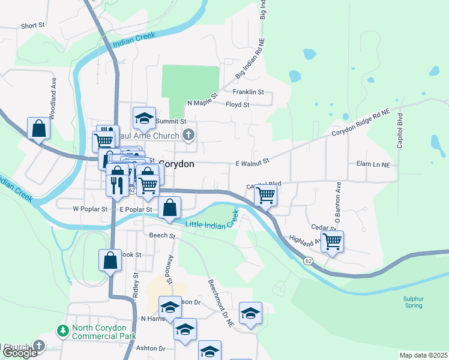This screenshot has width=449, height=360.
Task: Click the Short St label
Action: click(x=33, y=26)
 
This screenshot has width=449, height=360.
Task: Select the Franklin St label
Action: click(x=249, y=92)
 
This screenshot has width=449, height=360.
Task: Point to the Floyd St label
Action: click(x=237, y=104)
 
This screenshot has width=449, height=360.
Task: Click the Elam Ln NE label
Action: click(x=373, y=164)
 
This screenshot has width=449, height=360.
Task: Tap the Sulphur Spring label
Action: click(x=413, y=301)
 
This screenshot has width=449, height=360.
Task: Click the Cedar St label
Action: click(x=322, y=227)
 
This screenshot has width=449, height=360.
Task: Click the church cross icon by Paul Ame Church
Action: click(x=188, y=134)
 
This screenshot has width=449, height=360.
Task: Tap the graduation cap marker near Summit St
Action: click(x=144, y=118)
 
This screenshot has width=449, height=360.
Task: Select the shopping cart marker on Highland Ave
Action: click(x=332, y=241)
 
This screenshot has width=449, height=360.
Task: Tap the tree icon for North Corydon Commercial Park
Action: click(x=62, y=331)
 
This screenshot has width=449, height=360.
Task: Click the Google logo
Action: click(x=20, y=353)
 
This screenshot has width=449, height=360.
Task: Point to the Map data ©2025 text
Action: click(x=423, y=355)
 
